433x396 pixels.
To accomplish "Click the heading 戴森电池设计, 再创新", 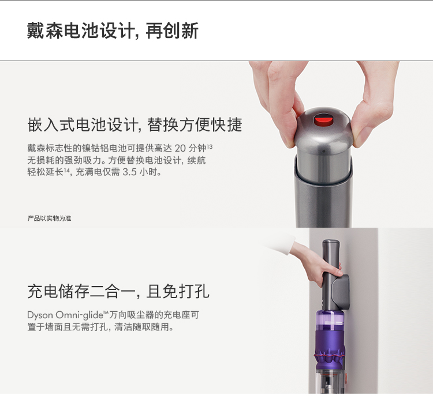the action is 113,31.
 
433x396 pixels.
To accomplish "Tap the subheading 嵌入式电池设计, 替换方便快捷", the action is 135,125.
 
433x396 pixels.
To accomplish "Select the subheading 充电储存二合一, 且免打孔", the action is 118,291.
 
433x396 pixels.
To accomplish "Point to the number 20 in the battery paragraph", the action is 180,148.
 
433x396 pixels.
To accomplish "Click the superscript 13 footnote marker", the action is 210,146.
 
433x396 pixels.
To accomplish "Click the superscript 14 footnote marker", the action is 66,170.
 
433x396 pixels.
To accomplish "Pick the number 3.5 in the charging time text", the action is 129,172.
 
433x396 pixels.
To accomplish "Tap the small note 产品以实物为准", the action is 50,218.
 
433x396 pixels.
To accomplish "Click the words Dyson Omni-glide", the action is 65,315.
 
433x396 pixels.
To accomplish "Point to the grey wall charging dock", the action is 341,293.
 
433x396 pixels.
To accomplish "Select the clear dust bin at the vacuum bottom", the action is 330,380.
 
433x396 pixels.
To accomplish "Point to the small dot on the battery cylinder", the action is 324,152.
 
